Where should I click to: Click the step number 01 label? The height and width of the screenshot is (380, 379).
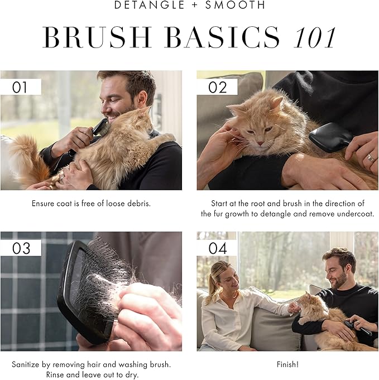pos(21,87)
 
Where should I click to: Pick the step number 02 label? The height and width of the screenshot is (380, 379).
pos(217,87)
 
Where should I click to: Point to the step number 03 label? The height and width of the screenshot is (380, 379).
pos(21,248)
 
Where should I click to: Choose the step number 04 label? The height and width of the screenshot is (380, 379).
pos(217,248)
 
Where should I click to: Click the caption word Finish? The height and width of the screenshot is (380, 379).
pos(287,364)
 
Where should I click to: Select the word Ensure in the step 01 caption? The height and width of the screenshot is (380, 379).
pos(43,204)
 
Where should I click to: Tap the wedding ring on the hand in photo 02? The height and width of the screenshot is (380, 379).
pos(370,158)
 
